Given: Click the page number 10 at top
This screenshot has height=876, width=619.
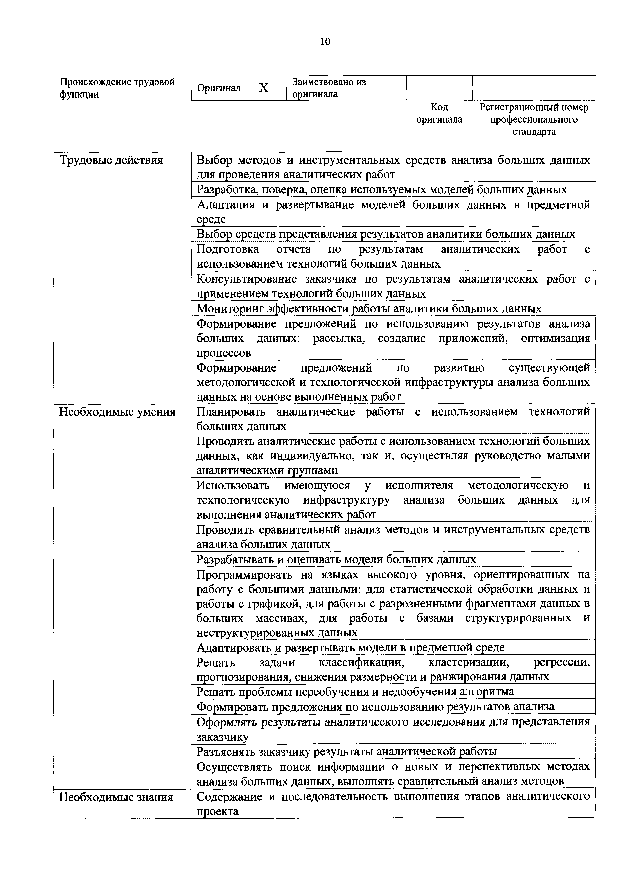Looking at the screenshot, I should pyautogui.click(x=325, y=42).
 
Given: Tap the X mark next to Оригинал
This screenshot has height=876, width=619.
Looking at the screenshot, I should pyautogui.click(x=263, y=88).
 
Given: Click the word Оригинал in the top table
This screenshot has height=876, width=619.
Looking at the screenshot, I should pyautogui.click(x=219, y=88).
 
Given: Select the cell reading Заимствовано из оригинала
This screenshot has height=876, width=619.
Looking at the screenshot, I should pyautogui.click(x=329, y=88).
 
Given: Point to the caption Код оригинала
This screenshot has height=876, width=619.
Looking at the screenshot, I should pyautogui.click(x=439, y=113).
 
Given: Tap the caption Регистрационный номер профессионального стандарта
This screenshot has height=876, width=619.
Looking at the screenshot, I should pyautogui.click(x=534, y=119).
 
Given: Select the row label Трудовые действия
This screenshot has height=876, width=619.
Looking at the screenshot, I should pyautogui.click(x=111, y=160).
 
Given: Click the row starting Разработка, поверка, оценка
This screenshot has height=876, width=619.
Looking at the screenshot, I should pyautogui.click(x=381, y=190).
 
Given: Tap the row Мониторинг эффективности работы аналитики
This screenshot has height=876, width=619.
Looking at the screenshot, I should pyautogui.click(x=369, y=309).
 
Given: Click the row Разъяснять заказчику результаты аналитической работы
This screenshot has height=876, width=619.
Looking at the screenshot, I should pyautogui.click(x=346, y=752).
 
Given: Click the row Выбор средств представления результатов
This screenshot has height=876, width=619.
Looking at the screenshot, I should pyautogui.click(x=386, y=234).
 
